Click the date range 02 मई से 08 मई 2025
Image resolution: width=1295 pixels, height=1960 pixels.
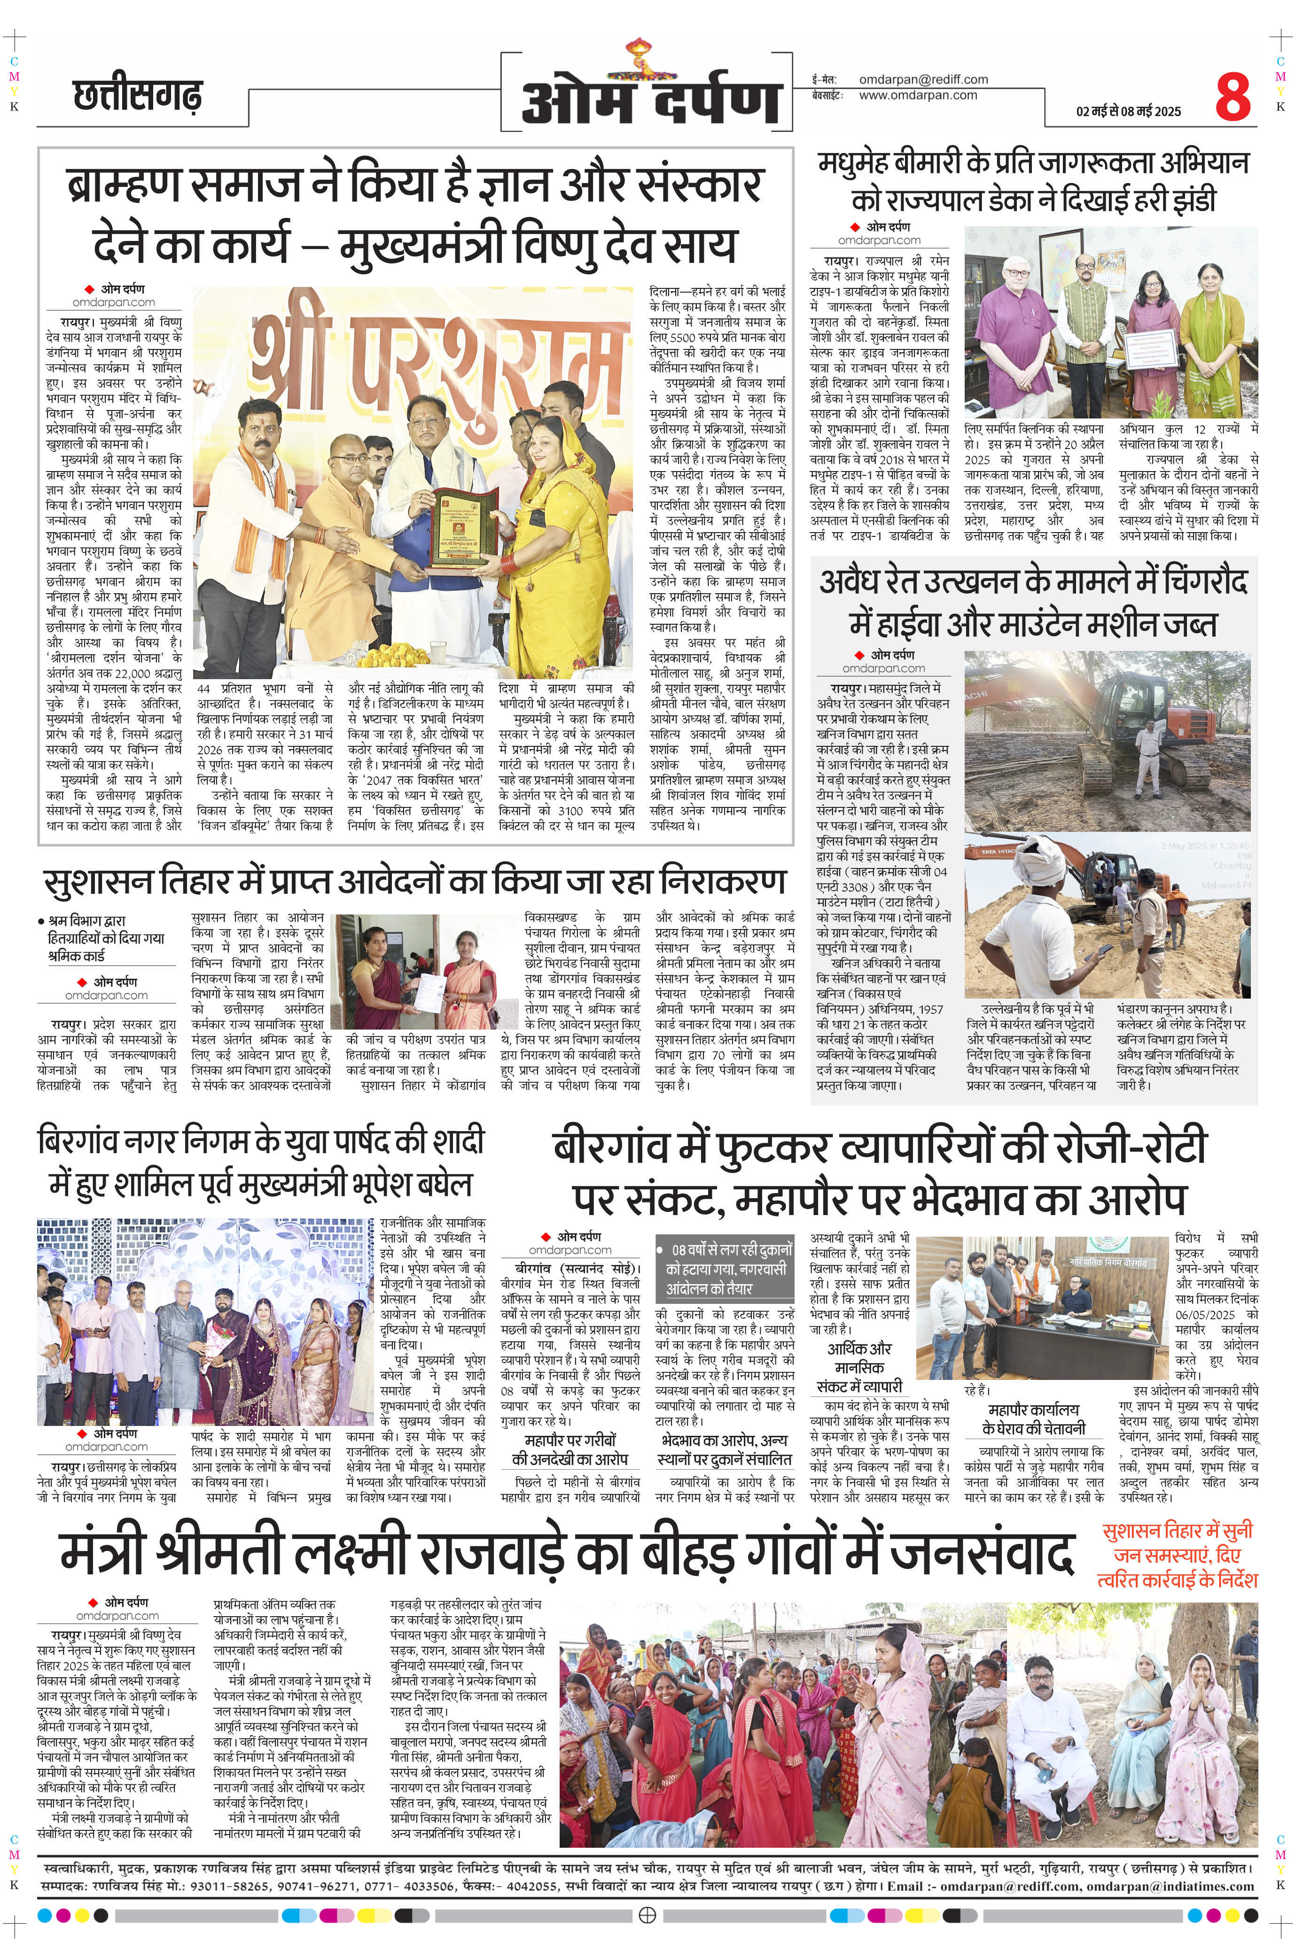1128,111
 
